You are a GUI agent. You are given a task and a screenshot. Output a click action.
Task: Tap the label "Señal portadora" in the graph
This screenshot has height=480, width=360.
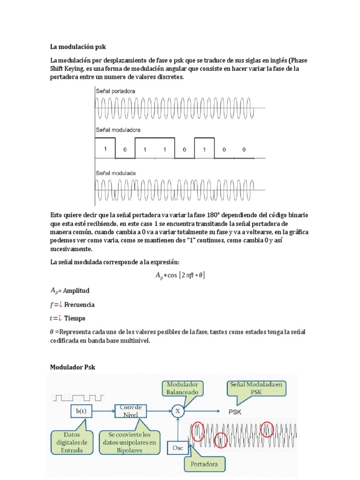point(115,91)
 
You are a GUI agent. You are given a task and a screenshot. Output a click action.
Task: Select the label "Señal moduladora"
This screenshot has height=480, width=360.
point(118,129)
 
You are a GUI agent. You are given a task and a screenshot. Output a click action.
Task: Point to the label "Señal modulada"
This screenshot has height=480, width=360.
point(116,172)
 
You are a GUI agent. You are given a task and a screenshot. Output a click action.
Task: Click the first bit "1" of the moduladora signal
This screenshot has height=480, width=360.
point(105,150)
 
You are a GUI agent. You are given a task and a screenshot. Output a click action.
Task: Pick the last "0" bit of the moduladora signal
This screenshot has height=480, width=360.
point(244,150)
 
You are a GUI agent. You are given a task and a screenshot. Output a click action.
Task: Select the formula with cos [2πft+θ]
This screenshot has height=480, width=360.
point(180,276)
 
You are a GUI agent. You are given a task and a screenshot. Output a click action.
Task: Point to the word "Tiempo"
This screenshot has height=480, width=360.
point(75,318)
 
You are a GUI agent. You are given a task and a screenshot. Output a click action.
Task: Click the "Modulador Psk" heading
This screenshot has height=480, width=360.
point(73,367)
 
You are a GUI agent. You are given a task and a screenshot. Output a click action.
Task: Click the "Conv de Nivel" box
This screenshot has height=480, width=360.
point(131,411)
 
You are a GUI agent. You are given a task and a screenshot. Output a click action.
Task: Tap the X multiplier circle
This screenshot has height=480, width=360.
point(177,411)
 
